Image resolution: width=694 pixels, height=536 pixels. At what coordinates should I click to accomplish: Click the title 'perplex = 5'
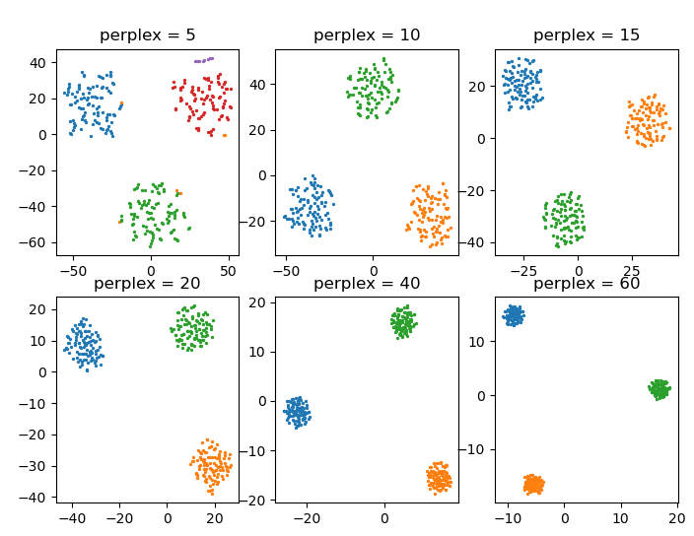(148, 35)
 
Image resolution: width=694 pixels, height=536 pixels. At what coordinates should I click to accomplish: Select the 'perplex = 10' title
(367, 35)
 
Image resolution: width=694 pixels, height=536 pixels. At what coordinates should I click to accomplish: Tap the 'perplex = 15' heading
(586, 35)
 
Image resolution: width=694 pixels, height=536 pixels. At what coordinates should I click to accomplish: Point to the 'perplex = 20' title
(148, 284)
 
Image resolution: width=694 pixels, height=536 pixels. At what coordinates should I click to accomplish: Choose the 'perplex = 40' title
(367, 284)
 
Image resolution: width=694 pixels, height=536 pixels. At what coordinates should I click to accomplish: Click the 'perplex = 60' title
(586, 284)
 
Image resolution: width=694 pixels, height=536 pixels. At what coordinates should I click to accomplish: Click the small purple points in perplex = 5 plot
(204, 59)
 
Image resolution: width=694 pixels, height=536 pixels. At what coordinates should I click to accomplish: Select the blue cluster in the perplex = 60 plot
(514, 315)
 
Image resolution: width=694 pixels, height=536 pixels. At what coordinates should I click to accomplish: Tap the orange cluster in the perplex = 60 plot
(534, 484)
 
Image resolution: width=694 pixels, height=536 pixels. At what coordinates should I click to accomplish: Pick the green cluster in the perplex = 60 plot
(659, 389)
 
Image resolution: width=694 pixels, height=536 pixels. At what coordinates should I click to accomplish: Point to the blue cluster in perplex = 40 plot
(298, 411)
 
